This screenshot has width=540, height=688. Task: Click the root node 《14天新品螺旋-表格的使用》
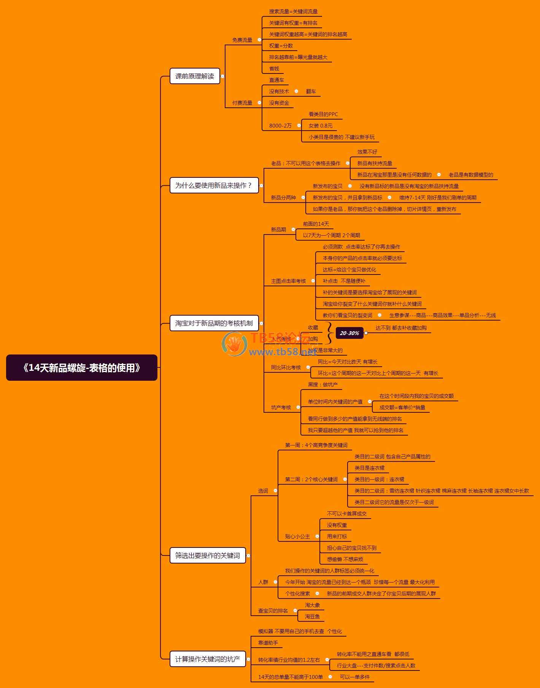(x=81, y=367)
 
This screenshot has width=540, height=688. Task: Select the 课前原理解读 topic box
(x=194, y=76)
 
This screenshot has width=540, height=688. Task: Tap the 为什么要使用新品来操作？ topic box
(x=214, y=185)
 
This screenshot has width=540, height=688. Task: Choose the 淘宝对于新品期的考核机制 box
(x=214, y=323)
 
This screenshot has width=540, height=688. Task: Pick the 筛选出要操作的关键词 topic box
(x=207, y=556)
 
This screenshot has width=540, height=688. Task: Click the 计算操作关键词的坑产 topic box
(x=207, y=659)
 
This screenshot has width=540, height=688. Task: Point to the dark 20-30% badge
(x=349, y=333)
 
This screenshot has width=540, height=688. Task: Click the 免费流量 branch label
(x=242, y=40)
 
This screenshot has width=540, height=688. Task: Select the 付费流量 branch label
(x=242, y=103)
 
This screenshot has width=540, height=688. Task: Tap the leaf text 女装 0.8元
(x=321, y=126)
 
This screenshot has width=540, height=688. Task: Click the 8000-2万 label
(x=280, y=126)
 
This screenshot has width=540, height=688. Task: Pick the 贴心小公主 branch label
(x=297, y=536)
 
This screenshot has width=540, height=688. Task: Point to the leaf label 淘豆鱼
(x=312, y=616)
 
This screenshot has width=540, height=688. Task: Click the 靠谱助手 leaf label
(x=268, y=643)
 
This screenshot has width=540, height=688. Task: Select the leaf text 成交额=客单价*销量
(x=402, y=407)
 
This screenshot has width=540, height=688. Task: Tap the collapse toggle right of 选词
(x=275, y=491)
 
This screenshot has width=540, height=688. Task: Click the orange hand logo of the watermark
(x=235, y=344)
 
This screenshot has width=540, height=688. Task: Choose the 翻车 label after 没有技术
(x=311, y=91)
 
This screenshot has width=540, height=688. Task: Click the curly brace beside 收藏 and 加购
(x=329, y=333)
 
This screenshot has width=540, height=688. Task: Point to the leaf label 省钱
(x=274, y=69)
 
